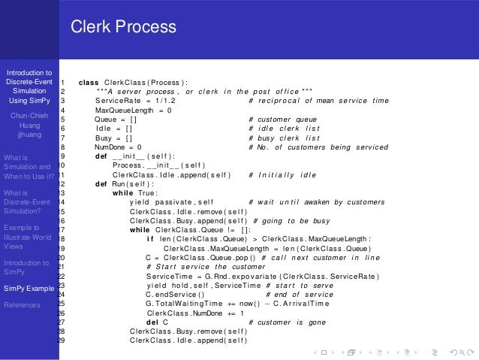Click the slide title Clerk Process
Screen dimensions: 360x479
[124, 28]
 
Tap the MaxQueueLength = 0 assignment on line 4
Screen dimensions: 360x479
[134, 110]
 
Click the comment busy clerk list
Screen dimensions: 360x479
[282, 138]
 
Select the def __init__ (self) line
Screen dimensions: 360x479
[135, 156]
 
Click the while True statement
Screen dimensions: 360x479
[134, 192]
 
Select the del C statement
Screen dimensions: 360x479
[157, 322]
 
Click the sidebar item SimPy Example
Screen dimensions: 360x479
[29, 289]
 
